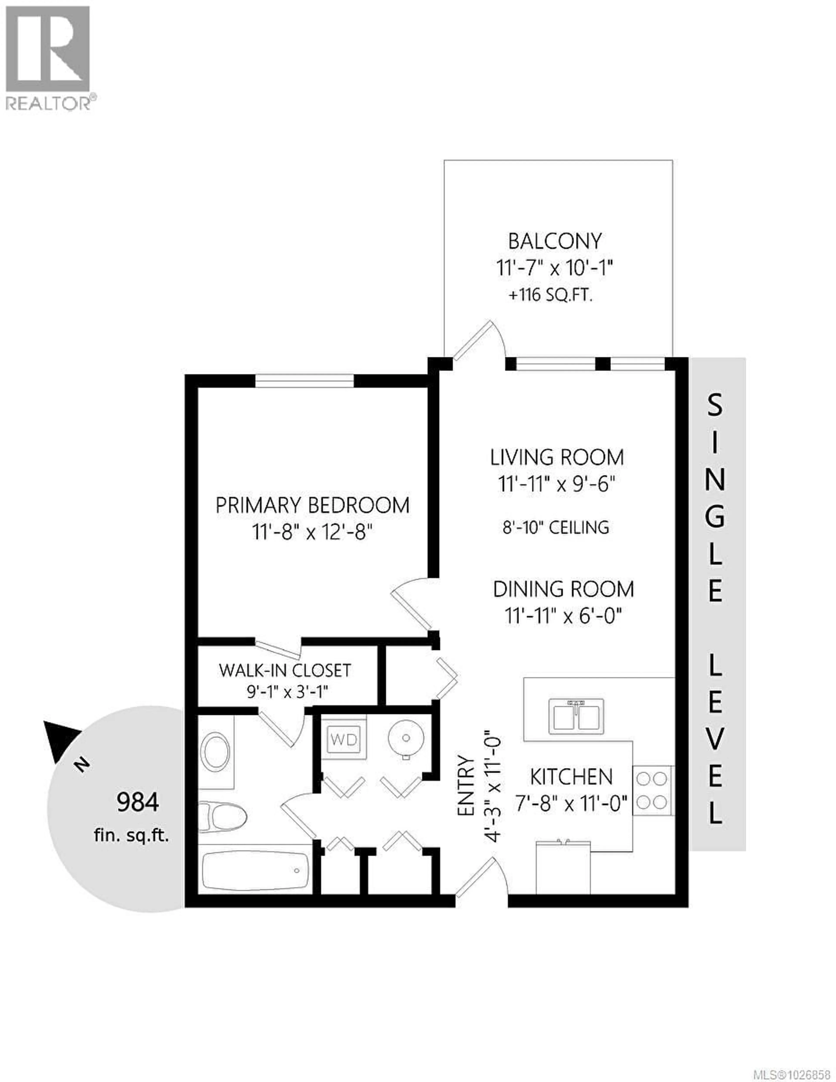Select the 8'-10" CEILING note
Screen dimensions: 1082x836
[x=556, y=527]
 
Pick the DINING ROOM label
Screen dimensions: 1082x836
[x=563, y=589]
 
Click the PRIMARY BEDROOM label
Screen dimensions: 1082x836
[x=312, y=505]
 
